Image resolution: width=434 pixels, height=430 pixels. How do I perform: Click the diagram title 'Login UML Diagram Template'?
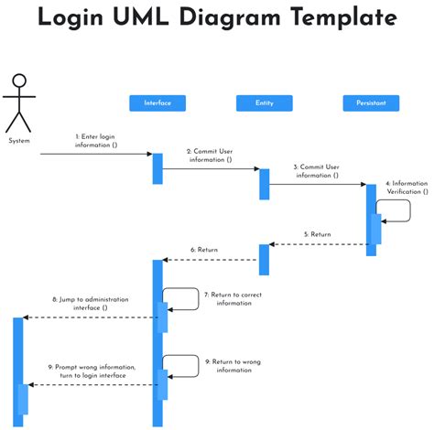coord(217,18)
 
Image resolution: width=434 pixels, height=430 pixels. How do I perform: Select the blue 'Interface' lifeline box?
coord(157,103)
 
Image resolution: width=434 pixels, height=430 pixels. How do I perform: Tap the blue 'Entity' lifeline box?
coord(264,103)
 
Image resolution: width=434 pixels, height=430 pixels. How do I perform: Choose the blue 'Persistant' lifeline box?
coord(371,103)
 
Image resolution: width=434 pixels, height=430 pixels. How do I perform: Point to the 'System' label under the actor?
coord(19,141)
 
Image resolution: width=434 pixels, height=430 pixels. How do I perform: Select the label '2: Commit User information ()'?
coord(210,156)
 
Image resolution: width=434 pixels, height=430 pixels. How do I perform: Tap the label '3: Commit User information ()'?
coord(317,171)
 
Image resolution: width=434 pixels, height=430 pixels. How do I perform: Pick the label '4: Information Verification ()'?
coord(406,188)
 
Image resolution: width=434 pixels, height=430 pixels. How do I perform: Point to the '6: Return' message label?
coord(204,250)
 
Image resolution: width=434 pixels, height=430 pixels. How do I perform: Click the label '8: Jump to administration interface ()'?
coord(91,304)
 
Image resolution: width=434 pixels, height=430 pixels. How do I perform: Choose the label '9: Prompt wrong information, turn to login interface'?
coord(91,371)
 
